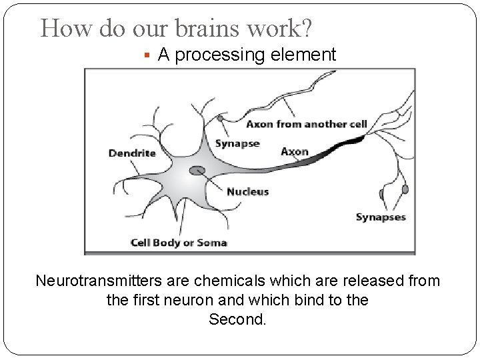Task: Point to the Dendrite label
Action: point(132,153)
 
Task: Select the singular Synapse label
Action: point(237,144)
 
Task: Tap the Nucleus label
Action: point(247,191)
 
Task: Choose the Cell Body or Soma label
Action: point(179,242)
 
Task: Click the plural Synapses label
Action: point(380,217)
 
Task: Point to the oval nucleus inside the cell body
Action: point(197,171)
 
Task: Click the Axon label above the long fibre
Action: point(295,151)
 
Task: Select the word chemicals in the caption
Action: point(225,281)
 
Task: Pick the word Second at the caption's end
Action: point(237,319)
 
